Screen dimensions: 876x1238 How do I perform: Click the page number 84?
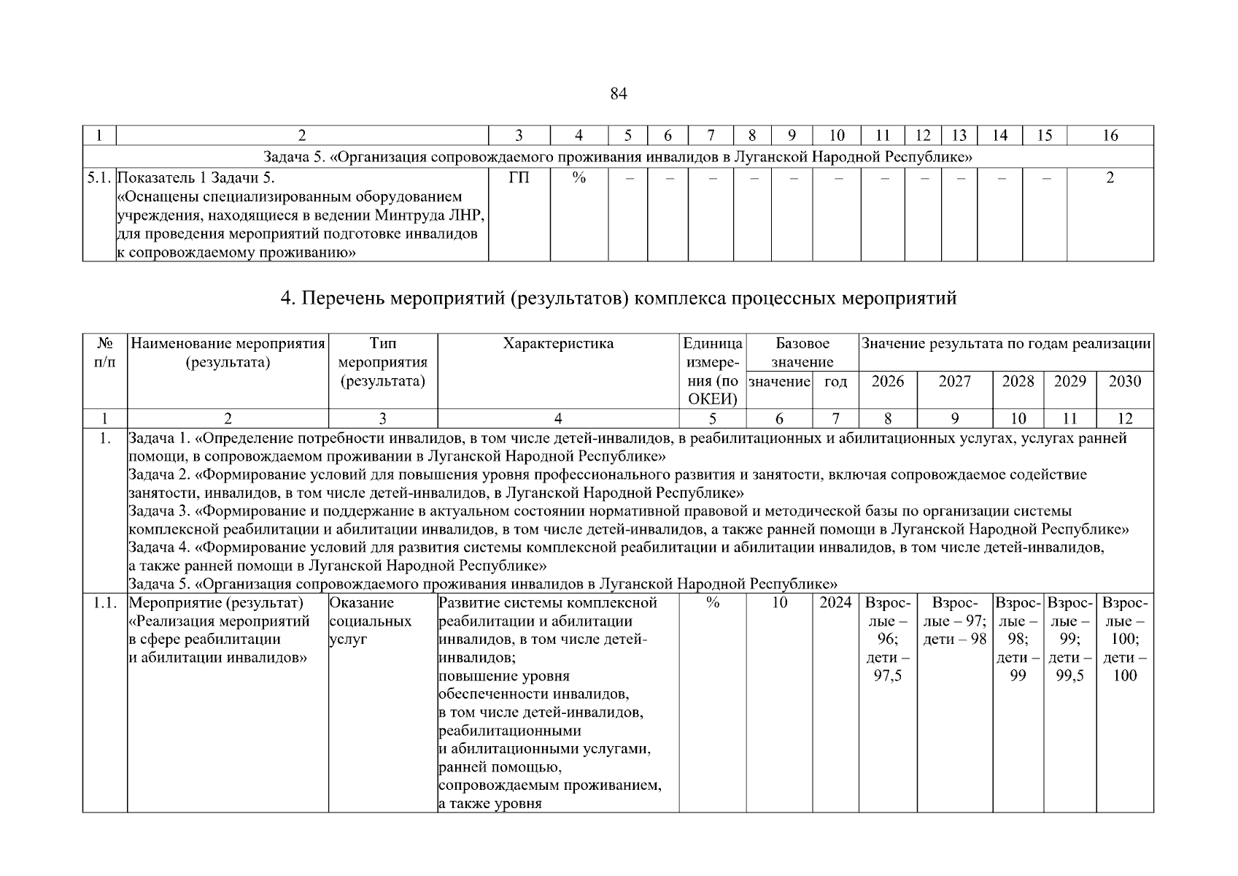[x=618, y=94]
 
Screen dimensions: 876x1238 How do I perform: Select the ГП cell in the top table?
[x=519, y=178]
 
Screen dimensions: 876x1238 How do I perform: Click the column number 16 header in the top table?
[x=1110, y=135]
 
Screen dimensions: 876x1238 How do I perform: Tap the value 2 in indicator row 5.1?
[x=1110, y=178]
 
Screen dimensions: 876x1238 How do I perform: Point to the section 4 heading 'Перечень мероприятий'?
[x=618, y=299]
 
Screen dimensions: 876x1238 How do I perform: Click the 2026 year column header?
[x=887, y=381]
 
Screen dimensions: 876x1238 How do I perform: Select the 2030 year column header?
[x=1124, y=381]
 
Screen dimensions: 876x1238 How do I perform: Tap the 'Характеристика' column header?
[x=558, y=344]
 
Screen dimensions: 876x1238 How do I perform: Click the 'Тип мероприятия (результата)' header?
[x=383, y=362]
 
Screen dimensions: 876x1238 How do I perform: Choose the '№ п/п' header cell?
[x=104, y=353]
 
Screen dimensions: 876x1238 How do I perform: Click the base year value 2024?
[x=835, y=603]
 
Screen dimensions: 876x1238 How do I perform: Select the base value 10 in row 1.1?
[x=779, y=603]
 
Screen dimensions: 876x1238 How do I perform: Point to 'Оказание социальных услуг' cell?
[x=371, y=620]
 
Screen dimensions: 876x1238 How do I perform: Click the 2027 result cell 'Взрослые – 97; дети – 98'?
[x=954, y=621]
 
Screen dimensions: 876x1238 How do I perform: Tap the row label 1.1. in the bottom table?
[x=105, y=603]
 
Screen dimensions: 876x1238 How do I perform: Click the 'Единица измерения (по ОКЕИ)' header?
[x=712, y=371]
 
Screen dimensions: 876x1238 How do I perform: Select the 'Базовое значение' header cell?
[x=802, y=353]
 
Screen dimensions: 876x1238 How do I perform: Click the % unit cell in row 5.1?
[x=579, y=178]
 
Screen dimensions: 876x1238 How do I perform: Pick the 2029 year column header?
[x=1069, y=381]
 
